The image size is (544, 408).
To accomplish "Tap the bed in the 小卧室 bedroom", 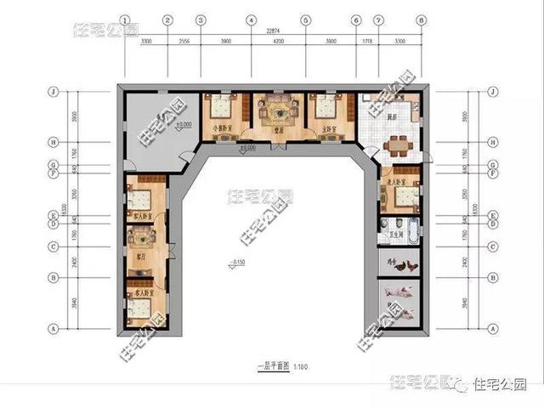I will [x=223, y=109].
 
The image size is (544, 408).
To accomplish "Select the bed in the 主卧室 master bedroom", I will [x=326, y=109].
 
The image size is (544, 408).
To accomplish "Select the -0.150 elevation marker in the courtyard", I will [x=237, y=259].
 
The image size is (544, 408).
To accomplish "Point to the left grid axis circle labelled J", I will [x=53, y=91].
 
